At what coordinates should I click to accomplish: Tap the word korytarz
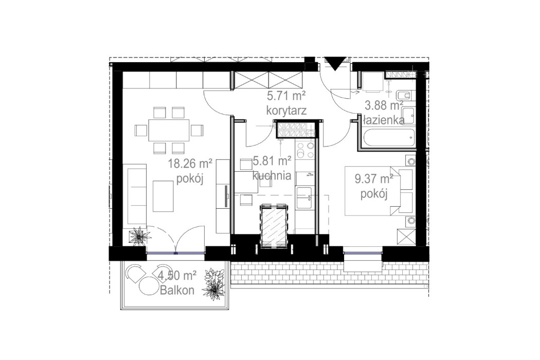click(286, 110)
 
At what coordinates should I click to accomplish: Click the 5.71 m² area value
click(286, 95)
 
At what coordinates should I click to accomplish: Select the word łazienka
click(383, 120)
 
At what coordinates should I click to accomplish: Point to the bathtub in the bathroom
click(387, 137)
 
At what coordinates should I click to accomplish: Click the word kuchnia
click(272, 175)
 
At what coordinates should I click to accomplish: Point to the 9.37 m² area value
click(374, 179)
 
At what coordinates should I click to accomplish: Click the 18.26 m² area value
click(191, 165)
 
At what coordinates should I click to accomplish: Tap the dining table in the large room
click(169, 130)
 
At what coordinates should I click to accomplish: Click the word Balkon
click(177, 290)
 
